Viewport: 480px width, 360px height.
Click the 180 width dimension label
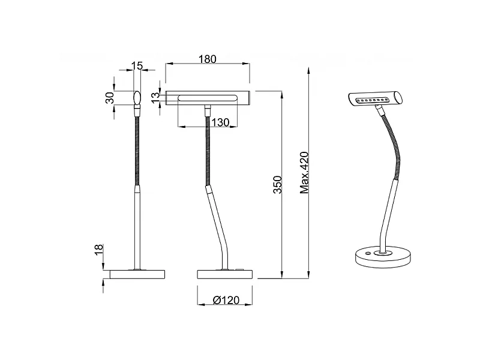tap(207, 59)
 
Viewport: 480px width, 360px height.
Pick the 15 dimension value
tap(139, 65)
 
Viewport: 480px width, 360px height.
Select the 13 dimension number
tap(155, 97)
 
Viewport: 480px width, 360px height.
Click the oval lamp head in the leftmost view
tap(137, 97)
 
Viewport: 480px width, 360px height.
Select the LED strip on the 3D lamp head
tap(372, 100)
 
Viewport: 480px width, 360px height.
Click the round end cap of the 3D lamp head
tap(399, 95)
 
